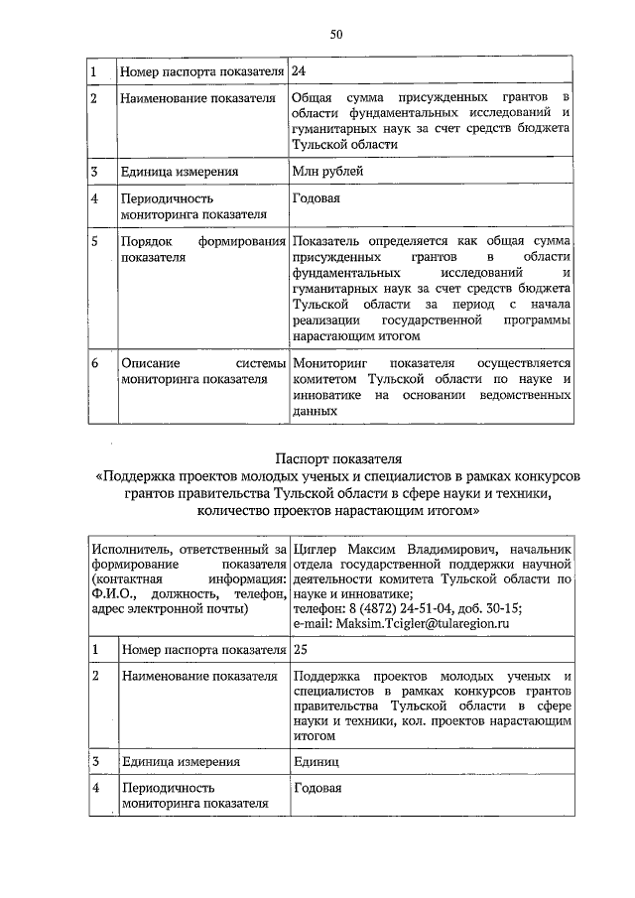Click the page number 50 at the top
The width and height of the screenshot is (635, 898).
(336, 34)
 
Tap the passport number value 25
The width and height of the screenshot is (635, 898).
(301, 649)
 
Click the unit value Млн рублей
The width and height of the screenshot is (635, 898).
(327, 172)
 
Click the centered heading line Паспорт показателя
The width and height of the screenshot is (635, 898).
(336, 458)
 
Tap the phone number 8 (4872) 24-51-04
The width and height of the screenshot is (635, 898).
(383, 608)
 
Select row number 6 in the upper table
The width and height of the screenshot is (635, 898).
(94, 363)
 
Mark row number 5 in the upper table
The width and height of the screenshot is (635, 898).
(94, 241)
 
